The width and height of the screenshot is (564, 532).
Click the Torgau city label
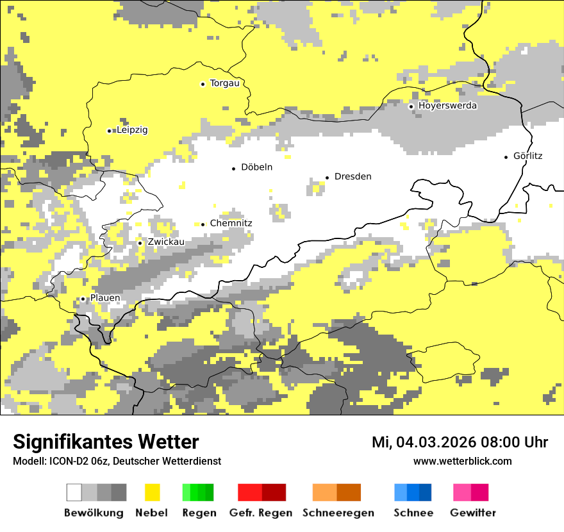click(224, 83)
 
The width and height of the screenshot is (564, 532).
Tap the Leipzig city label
click(132, 130)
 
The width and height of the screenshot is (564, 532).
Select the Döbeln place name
click(256, 167)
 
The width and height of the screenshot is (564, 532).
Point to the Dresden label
click(352, 176)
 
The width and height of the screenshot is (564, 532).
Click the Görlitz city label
click(527, 156)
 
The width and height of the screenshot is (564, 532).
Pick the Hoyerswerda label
click(447, 106)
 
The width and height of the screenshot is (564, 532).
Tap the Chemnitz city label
click(231, 223)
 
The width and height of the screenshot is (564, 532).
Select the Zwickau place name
click(165, 242)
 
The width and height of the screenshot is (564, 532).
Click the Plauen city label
click(104, 298)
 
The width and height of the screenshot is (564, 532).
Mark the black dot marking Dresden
click(327, 177)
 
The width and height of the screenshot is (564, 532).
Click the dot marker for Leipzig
click(109, 131)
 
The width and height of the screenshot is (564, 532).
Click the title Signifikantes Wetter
click(106, 442)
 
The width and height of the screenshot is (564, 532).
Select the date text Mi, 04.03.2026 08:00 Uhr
click(460, 442)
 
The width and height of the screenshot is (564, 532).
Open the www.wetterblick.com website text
click(462, 461)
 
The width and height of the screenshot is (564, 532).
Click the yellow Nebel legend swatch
click(152, 492)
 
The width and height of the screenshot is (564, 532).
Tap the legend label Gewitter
click(472, 513)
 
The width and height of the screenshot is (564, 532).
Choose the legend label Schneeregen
click(338, 513)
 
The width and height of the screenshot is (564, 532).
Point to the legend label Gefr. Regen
click(261, 513)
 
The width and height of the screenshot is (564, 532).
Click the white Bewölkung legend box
click(74, 492)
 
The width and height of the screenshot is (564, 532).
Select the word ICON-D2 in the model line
click(63, 461)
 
